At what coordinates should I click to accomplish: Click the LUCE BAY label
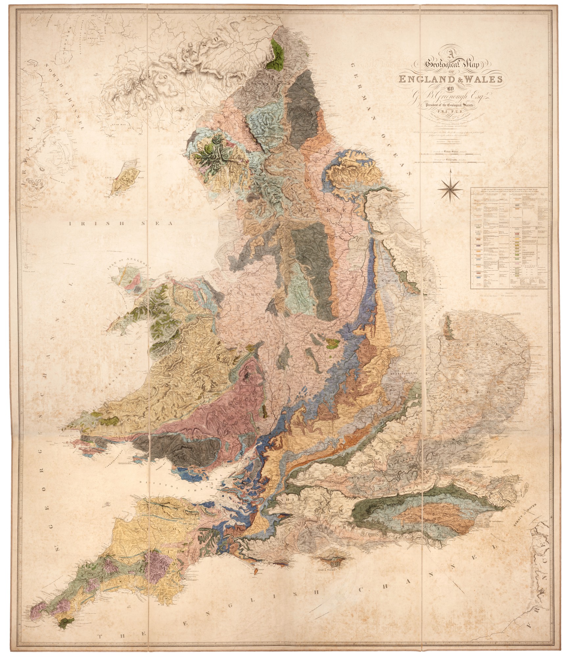(x=127, y=144)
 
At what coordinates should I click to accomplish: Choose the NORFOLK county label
(x=473, y=345)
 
